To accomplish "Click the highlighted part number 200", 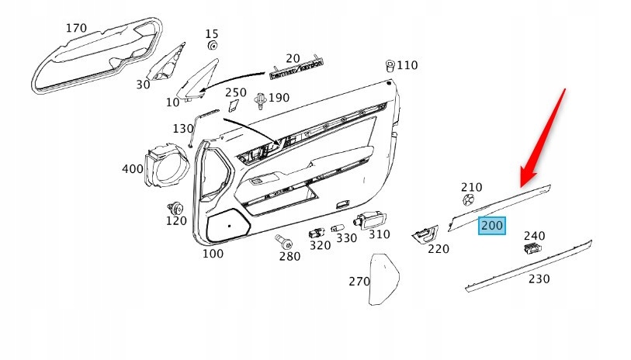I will tap(492, 226).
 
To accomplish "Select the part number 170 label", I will tap(75, 29).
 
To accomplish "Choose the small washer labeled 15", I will tap(213, 47).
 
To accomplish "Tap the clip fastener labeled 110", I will tap(390, 66).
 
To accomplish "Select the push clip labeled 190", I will tap(261, 99).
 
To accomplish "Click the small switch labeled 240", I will tap(532, 249).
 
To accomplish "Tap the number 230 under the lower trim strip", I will tap(539, 278).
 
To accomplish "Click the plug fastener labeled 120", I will tap(175, 208).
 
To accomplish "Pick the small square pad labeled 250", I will tap(233, 108).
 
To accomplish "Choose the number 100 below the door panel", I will tap(213, 253).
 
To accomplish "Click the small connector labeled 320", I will tap(317, 232).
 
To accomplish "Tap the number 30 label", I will tap(143, 84).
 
